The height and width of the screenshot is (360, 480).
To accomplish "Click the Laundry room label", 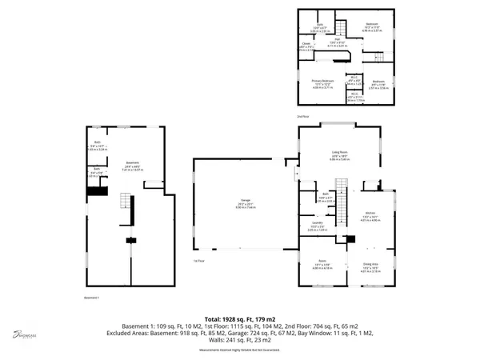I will [x=317, y=225].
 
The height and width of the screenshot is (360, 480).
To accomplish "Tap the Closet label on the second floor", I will [x=306, y=46].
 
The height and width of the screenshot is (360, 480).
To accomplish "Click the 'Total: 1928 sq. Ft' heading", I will [x=240, y=318].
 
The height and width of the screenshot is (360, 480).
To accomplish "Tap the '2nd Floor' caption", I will [x=302, y=117].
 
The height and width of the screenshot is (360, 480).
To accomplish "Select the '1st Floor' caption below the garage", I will [x=198, y=261].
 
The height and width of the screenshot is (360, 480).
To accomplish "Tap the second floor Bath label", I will [x=318, y=28].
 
